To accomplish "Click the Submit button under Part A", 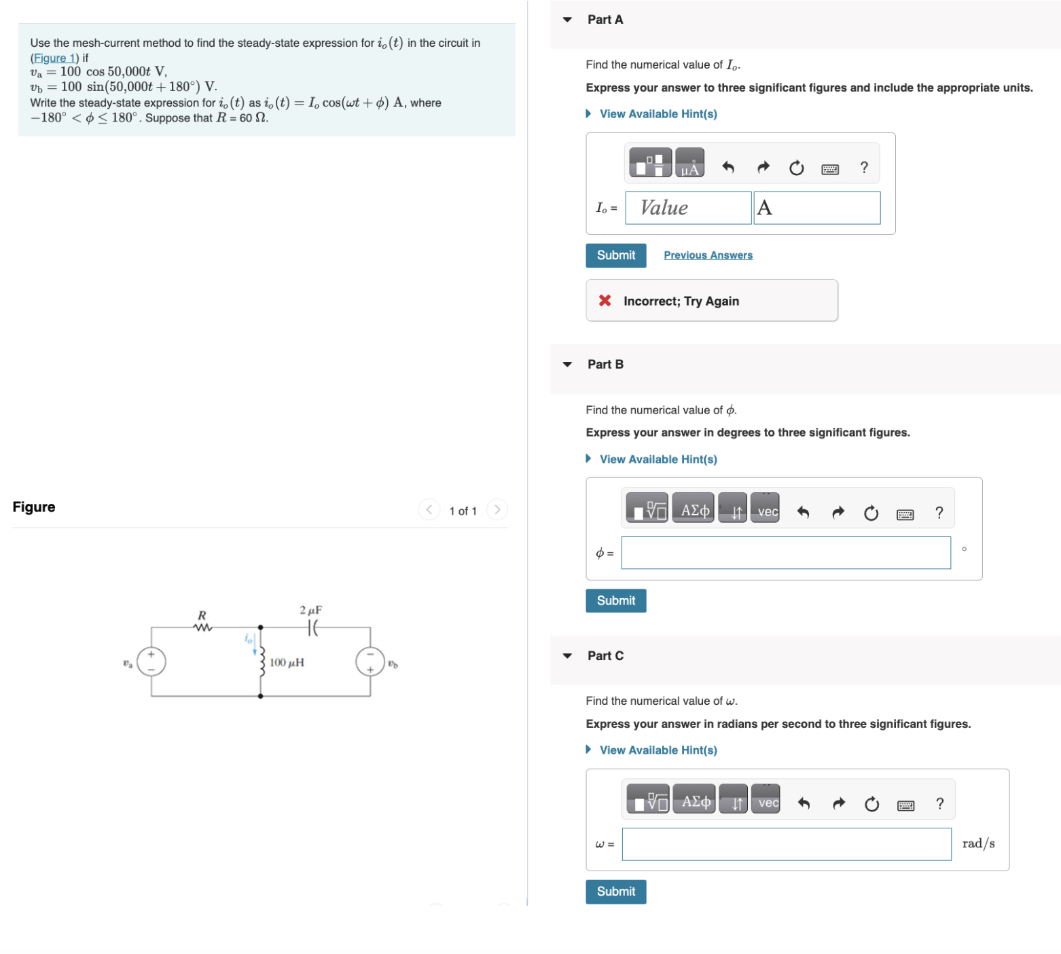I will click(x=615, y=255).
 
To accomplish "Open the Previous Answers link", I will click(x=708, y=255).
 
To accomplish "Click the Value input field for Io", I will click(x=687, y=208).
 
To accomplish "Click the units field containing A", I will click(x=816, y=208).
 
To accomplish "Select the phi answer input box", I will click(x=785, y=553).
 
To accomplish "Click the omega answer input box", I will click(x=786, y=844).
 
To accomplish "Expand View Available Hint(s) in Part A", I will click(x=658, y=114).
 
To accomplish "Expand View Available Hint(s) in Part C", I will click(x=658, y=750).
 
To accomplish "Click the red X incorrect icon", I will click(x=605, y=301).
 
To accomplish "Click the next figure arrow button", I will click(x=497, y=510).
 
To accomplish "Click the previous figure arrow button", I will click(x=429, y=510).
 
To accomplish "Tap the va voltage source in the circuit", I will click(x=151, y=661).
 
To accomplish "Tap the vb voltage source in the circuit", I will click(x=370, y=662).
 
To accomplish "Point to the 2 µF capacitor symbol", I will click(x=312, y=628).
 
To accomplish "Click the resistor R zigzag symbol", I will click(x=202, y=627).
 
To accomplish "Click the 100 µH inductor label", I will click(x=287, y=663).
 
